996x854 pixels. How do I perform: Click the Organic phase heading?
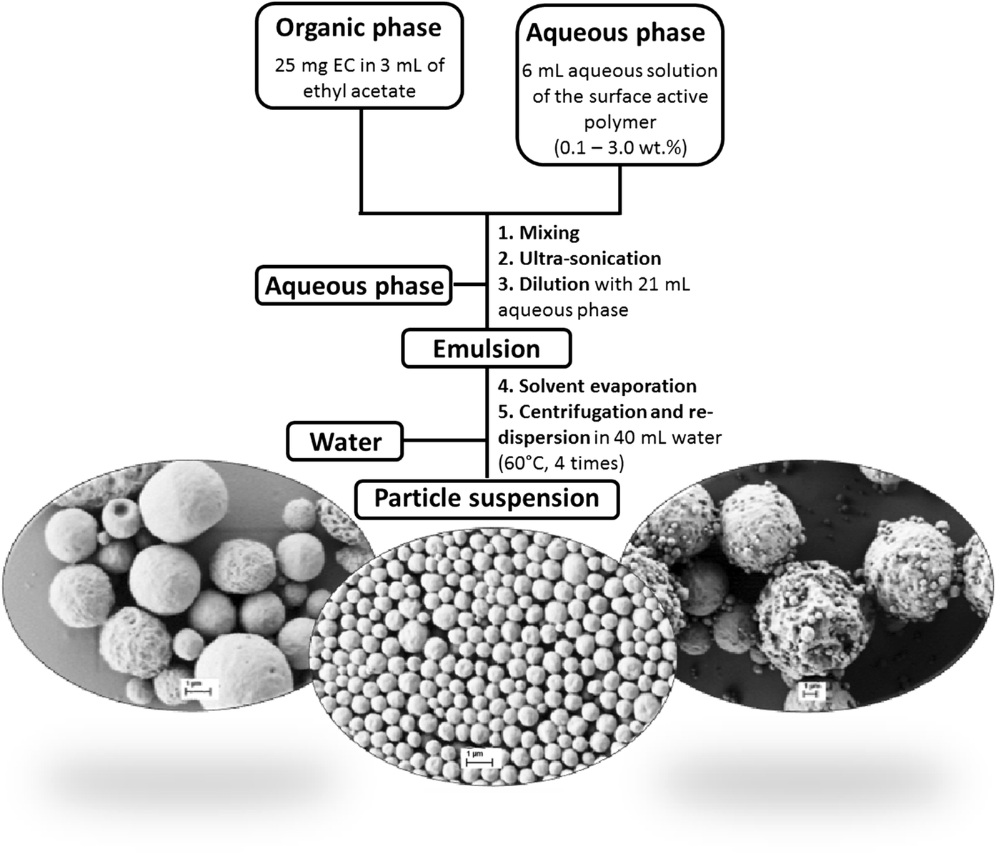click(359, 29)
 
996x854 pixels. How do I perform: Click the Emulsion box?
click(487, 349)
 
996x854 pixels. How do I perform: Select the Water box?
click(345, 441)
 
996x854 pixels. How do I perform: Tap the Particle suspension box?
click(487, 498)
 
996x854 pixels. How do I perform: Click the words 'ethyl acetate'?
click(359, 91)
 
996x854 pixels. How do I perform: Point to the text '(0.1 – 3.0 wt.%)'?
click(620, 147)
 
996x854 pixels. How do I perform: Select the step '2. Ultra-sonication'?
click(579, 259)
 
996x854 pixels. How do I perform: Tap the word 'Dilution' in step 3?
click(554, 284)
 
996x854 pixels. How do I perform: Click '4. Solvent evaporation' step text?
click(597, 387)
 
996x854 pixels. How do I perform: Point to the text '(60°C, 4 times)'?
click(561, 464)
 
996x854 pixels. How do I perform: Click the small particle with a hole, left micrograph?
click(119, 512)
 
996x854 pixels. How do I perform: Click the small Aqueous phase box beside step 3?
click(354, 286)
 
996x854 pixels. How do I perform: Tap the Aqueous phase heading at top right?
click(615, 33)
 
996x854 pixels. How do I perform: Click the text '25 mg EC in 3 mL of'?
click(359, 66)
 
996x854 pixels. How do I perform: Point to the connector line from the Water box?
click(444, 440)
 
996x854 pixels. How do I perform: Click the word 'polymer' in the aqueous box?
click(619, 122)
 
